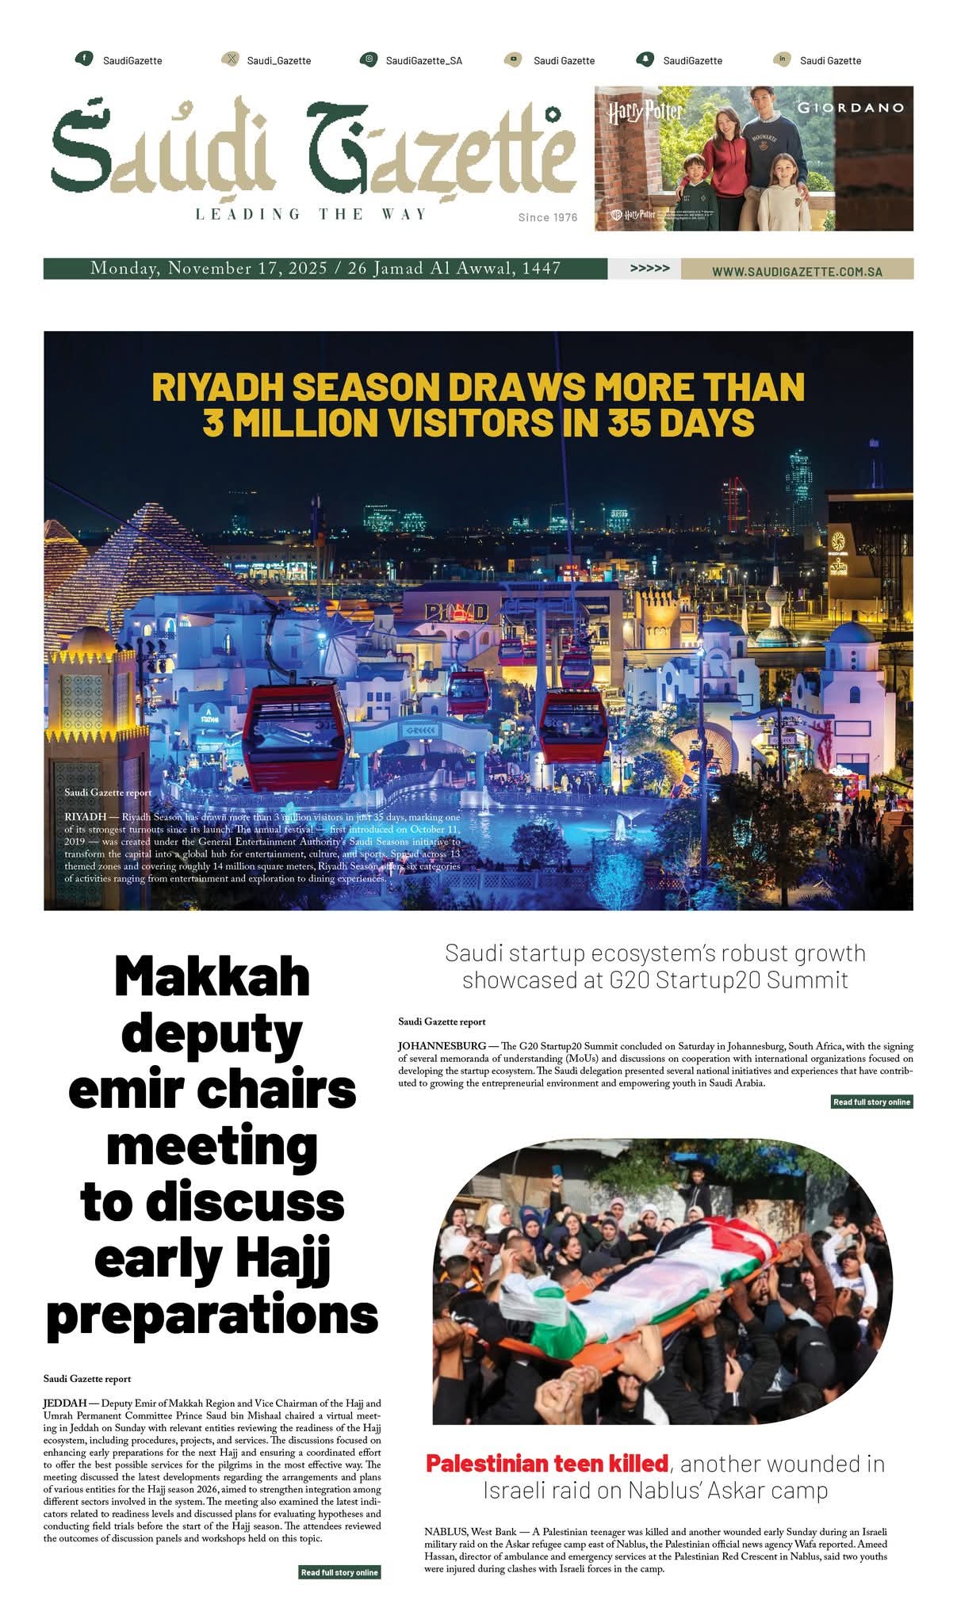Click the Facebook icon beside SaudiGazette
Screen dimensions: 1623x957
(83, 59)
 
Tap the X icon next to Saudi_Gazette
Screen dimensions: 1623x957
(229, 59)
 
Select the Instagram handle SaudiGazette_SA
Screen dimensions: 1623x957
(423, 60)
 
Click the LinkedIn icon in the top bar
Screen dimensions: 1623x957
(782, 59)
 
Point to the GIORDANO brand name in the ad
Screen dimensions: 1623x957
(850, 107)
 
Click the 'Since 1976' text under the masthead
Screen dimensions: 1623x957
(548, 217)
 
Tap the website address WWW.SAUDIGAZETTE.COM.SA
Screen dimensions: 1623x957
(797, 271)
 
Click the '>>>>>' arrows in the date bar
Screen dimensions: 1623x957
(649, 269)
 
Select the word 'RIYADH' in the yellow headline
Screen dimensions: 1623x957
(214, 388)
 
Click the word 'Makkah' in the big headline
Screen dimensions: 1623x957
(212, 976)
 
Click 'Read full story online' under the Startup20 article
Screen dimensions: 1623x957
(871, 1102)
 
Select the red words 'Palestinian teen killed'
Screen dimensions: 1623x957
(546, 1463)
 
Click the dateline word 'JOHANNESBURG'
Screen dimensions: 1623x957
(442, 1046)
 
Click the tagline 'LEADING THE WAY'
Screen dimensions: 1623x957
(311, 214)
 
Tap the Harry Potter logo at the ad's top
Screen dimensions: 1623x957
(644, 111)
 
